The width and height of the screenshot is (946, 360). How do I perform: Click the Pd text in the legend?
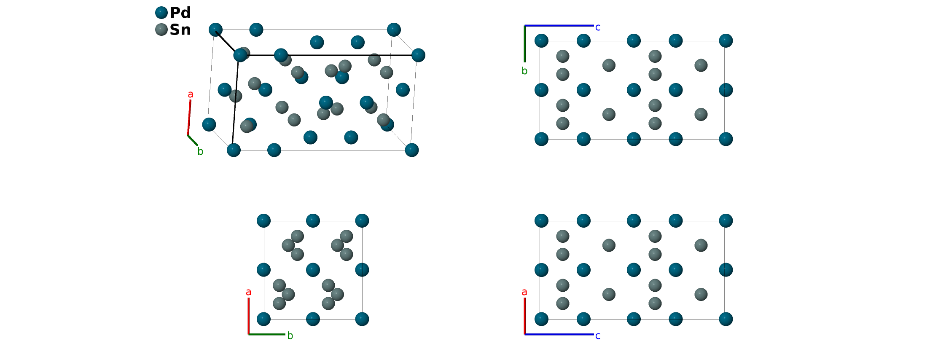pyautogui.click(x=180, y=13)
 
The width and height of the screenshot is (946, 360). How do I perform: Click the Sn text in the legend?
pyautogui.click(x=180, y=30)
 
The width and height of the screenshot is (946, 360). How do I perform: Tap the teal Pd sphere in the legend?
pyautogui.click(x=161, y=13)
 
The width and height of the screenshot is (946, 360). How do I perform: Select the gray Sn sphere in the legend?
pyautogui.click(x=161, y=30)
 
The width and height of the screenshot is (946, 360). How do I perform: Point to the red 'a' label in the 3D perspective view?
pyautogui.click(x=191, y=94)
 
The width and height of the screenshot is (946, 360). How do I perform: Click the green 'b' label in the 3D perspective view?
pyautogui.click(x=200, y=152)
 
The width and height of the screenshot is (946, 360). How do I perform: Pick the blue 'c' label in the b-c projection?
pyautogui.click(x=598, y=27)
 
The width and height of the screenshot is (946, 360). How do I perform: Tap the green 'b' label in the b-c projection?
pyautogui.click(x=524, y=71)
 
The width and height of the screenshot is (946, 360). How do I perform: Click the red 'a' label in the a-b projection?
pyautogui.click(x=248, y=292)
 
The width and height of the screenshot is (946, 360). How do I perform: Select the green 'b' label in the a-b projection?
pyautogui.click(x=290, y=336)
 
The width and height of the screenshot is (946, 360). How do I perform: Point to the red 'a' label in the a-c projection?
pyautogui.click(x=524, y=292)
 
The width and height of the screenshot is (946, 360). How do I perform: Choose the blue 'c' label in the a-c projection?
pyautogui.click(x=598, y=336)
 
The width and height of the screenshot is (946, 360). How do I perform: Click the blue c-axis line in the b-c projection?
pyautogui.click(x=559, y=26)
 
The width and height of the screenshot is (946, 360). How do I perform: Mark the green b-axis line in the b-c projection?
pyautogui.click(x=525, y=44)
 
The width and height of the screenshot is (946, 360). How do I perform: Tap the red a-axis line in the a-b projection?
pyautogui.click(x=249, y=316)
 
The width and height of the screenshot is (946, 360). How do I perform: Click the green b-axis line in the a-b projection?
pyautogui.click(x=267, y=334)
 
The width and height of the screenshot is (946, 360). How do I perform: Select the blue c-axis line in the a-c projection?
pyautogui.click(x=559, y=334)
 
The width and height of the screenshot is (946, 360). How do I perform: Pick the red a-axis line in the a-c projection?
pyautogui.click(x=525, y=316)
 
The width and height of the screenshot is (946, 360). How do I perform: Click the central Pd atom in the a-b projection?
pyautogui.click(x=313, y=270)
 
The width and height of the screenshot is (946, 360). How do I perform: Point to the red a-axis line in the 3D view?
pyautogui.click(x=189, y=118)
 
